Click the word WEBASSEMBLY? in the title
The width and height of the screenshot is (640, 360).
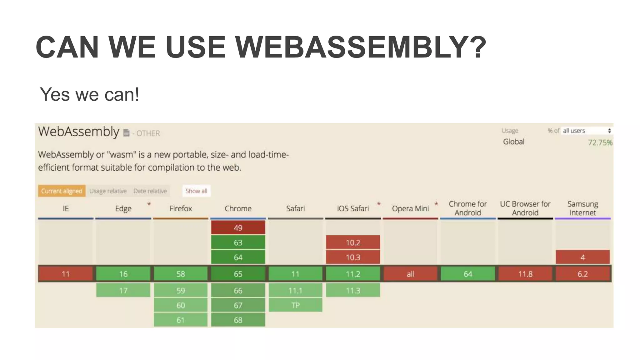(x=360, y=47)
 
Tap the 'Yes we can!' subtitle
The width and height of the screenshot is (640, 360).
(x=89, y=94)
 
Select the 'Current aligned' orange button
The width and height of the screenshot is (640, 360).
(x=62, y=191)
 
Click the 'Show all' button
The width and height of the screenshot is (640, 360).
(x=196, y=191)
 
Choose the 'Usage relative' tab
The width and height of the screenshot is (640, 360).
(x=108, y=191)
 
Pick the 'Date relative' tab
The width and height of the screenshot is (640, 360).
(x=150, y=191)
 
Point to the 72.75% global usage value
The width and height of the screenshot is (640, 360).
(x=600, y=142)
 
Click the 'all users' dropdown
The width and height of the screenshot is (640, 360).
(x=586, y=131)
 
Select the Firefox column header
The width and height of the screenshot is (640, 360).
(x=181, y=208)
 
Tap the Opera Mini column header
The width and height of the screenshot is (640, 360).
(x=410, y=208)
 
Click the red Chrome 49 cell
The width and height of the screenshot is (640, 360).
(x=238, y=228)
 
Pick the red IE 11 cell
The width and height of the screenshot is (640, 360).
(x=66, y=274)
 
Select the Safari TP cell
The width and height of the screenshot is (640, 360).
(x=295, y=305)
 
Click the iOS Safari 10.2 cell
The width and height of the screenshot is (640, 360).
(x=353, y=242)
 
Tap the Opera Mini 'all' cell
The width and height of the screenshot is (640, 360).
(x=410, y=274)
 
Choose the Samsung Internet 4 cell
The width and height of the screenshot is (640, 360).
(x=582, y=257)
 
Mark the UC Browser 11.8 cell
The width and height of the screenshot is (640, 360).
(x=525, y=274)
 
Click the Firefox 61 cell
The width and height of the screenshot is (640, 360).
(x=181, y=320)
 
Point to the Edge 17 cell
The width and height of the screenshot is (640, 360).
(x=123, y=291)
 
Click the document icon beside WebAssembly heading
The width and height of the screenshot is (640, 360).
(x=126, y=133)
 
